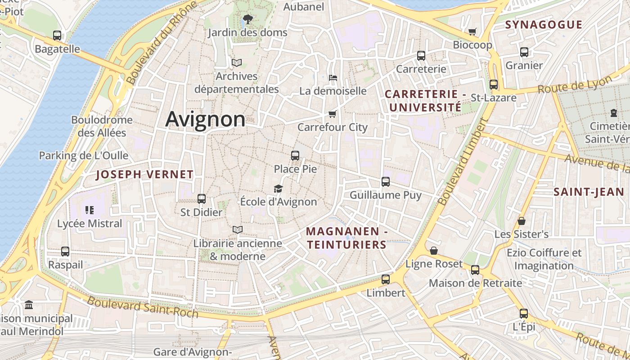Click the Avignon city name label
205,119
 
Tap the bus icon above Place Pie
295,156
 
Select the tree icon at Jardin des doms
247,19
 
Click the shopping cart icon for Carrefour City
333,114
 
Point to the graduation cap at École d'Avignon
278,189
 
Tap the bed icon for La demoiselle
333,78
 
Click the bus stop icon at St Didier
201,198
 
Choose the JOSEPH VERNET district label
144,175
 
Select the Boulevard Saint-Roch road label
143,306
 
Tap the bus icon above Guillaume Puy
386,182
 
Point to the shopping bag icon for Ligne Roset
434,251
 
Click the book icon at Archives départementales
237,63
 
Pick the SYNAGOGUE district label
544,25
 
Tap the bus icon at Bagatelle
57,35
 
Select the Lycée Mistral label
90,223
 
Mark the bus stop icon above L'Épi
523,313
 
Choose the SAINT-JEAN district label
589,192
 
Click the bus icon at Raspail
65,252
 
